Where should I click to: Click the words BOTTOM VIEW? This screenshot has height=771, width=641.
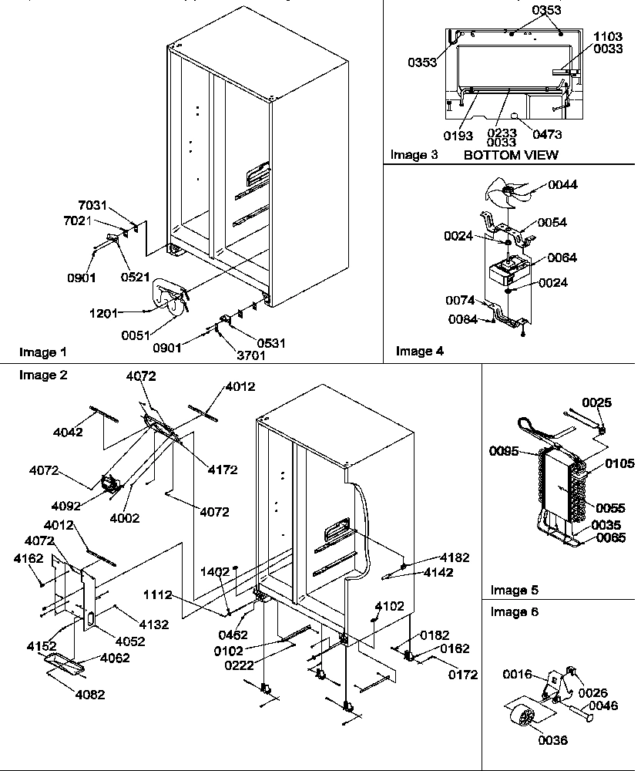tap(511, 155)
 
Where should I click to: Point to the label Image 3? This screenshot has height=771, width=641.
tap(414, 155)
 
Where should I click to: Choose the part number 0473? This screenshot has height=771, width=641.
tap(547, 134)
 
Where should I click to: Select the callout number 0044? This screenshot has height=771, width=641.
tap(562, 185)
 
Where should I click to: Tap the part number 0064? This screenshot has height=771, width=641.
tap(562, 258)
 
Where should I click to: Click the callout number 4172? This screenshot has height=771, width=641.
tap(222, 469)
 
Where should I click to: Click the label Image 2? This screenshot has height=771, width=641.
tap(43, 375)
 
